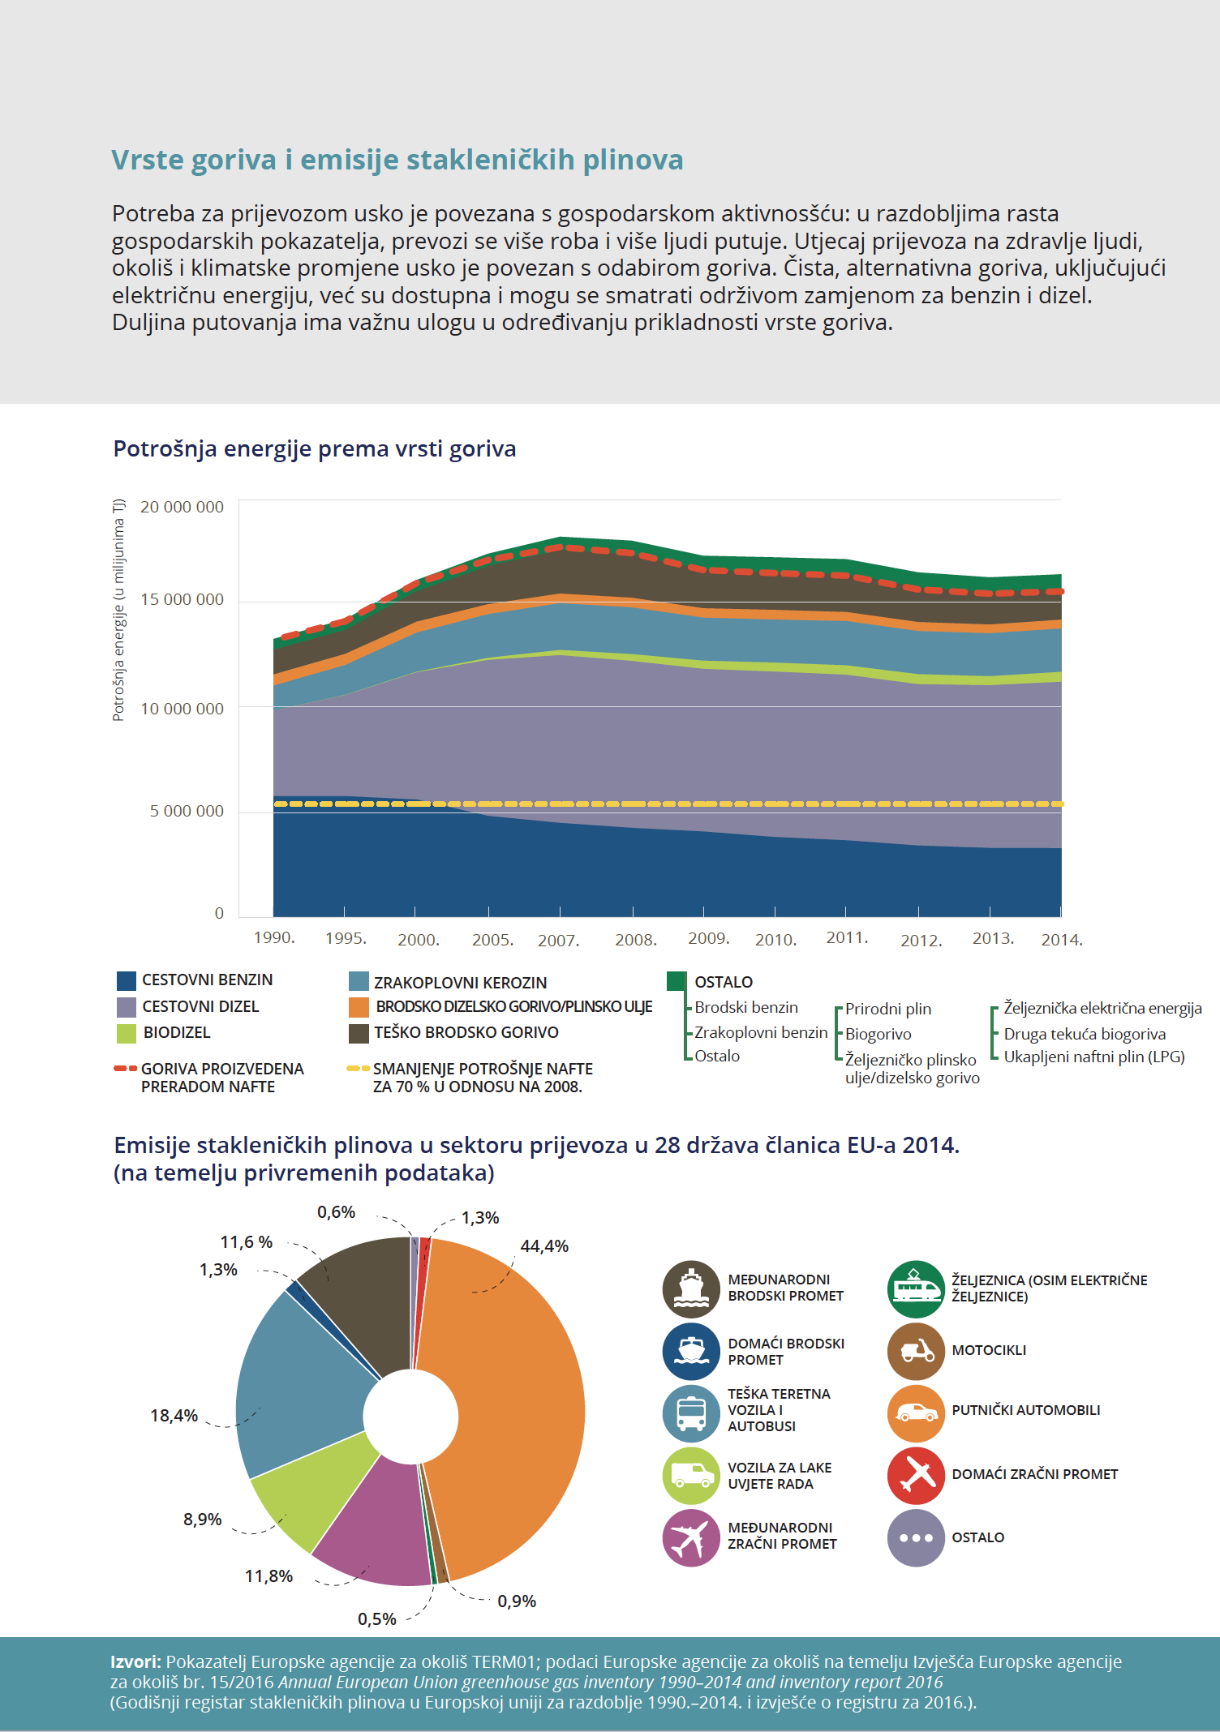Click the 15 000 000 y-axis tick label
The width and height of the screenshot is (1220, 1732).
[182, 599]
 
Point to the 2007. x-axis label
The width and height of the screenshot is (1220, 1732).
[558, 941]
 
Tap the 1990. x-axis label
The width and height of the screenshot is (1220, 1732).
[274, 937]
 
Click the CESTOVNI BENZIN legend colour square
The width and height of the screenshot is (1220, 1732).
[127, 980]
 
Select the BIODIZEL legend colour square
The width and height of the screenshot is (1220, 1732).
[127, 1033]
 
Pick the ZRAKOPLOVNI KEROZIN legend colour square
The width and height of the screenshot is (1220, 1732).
[359, 981]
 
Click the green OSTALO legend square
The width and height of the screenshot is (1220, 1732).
[677, 981]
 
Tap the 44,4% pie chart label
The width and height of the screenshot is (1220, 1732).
[544, 1246]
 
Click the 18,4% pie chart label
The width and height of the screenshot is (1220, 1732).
[174, 1416]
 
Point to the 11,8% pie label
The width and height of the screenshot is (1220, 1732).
[268, 1576]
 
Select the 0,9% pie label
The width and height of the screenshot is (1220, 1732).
[517, 1601]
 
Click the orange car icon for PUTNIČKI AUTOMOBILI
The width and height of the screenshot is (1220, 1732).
[916, 1413]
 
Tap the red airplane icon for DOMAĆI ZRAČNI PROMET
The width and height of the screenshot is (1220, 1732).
[916, 1475]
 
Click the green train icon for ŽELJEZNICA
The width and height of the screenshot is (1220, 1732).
[916, 1289]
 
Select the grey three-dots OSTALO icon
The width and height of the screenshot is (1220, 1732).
[916, 1537]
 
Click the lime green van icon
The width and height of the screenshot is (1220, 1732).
[691, 1476]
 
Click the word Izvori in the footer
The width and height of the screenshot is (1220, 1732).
[135, 1662]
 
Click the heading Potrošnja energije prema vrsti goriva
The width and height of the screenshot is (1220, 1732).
[315, 448]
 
